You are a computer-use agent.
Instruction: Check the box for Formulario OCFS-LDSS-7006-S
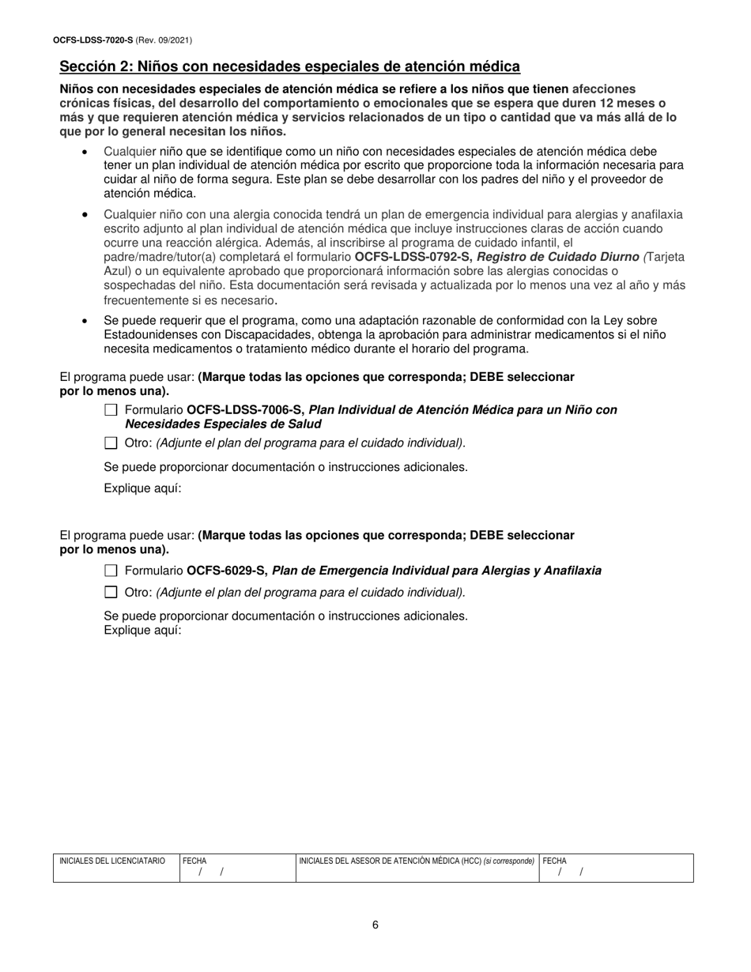click(x=111, y=410)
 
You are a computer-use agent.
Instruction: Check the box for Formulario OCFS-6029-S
click(x=111, y=571)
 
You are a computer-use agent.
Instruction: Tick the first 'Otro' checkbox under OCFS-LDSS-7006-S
click(x=111, y=443)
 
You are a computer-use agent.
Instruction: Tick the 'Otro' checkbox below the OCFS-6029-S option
click(x=111, y=592)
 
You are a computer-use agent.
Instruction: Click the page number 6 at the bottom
click(x=375, y=925)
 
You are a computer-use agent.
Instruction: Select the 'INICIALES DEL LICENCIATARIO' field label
click(x=112, y=861)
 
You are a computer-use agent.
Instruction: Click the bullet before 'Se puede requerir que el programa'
click(x=85, y=322)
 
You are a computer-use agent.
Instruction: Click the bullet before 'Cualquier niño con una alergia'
click(x=85, y=215)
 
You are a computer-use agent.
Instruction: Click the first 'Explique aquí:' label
click(x=143, y=488)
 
